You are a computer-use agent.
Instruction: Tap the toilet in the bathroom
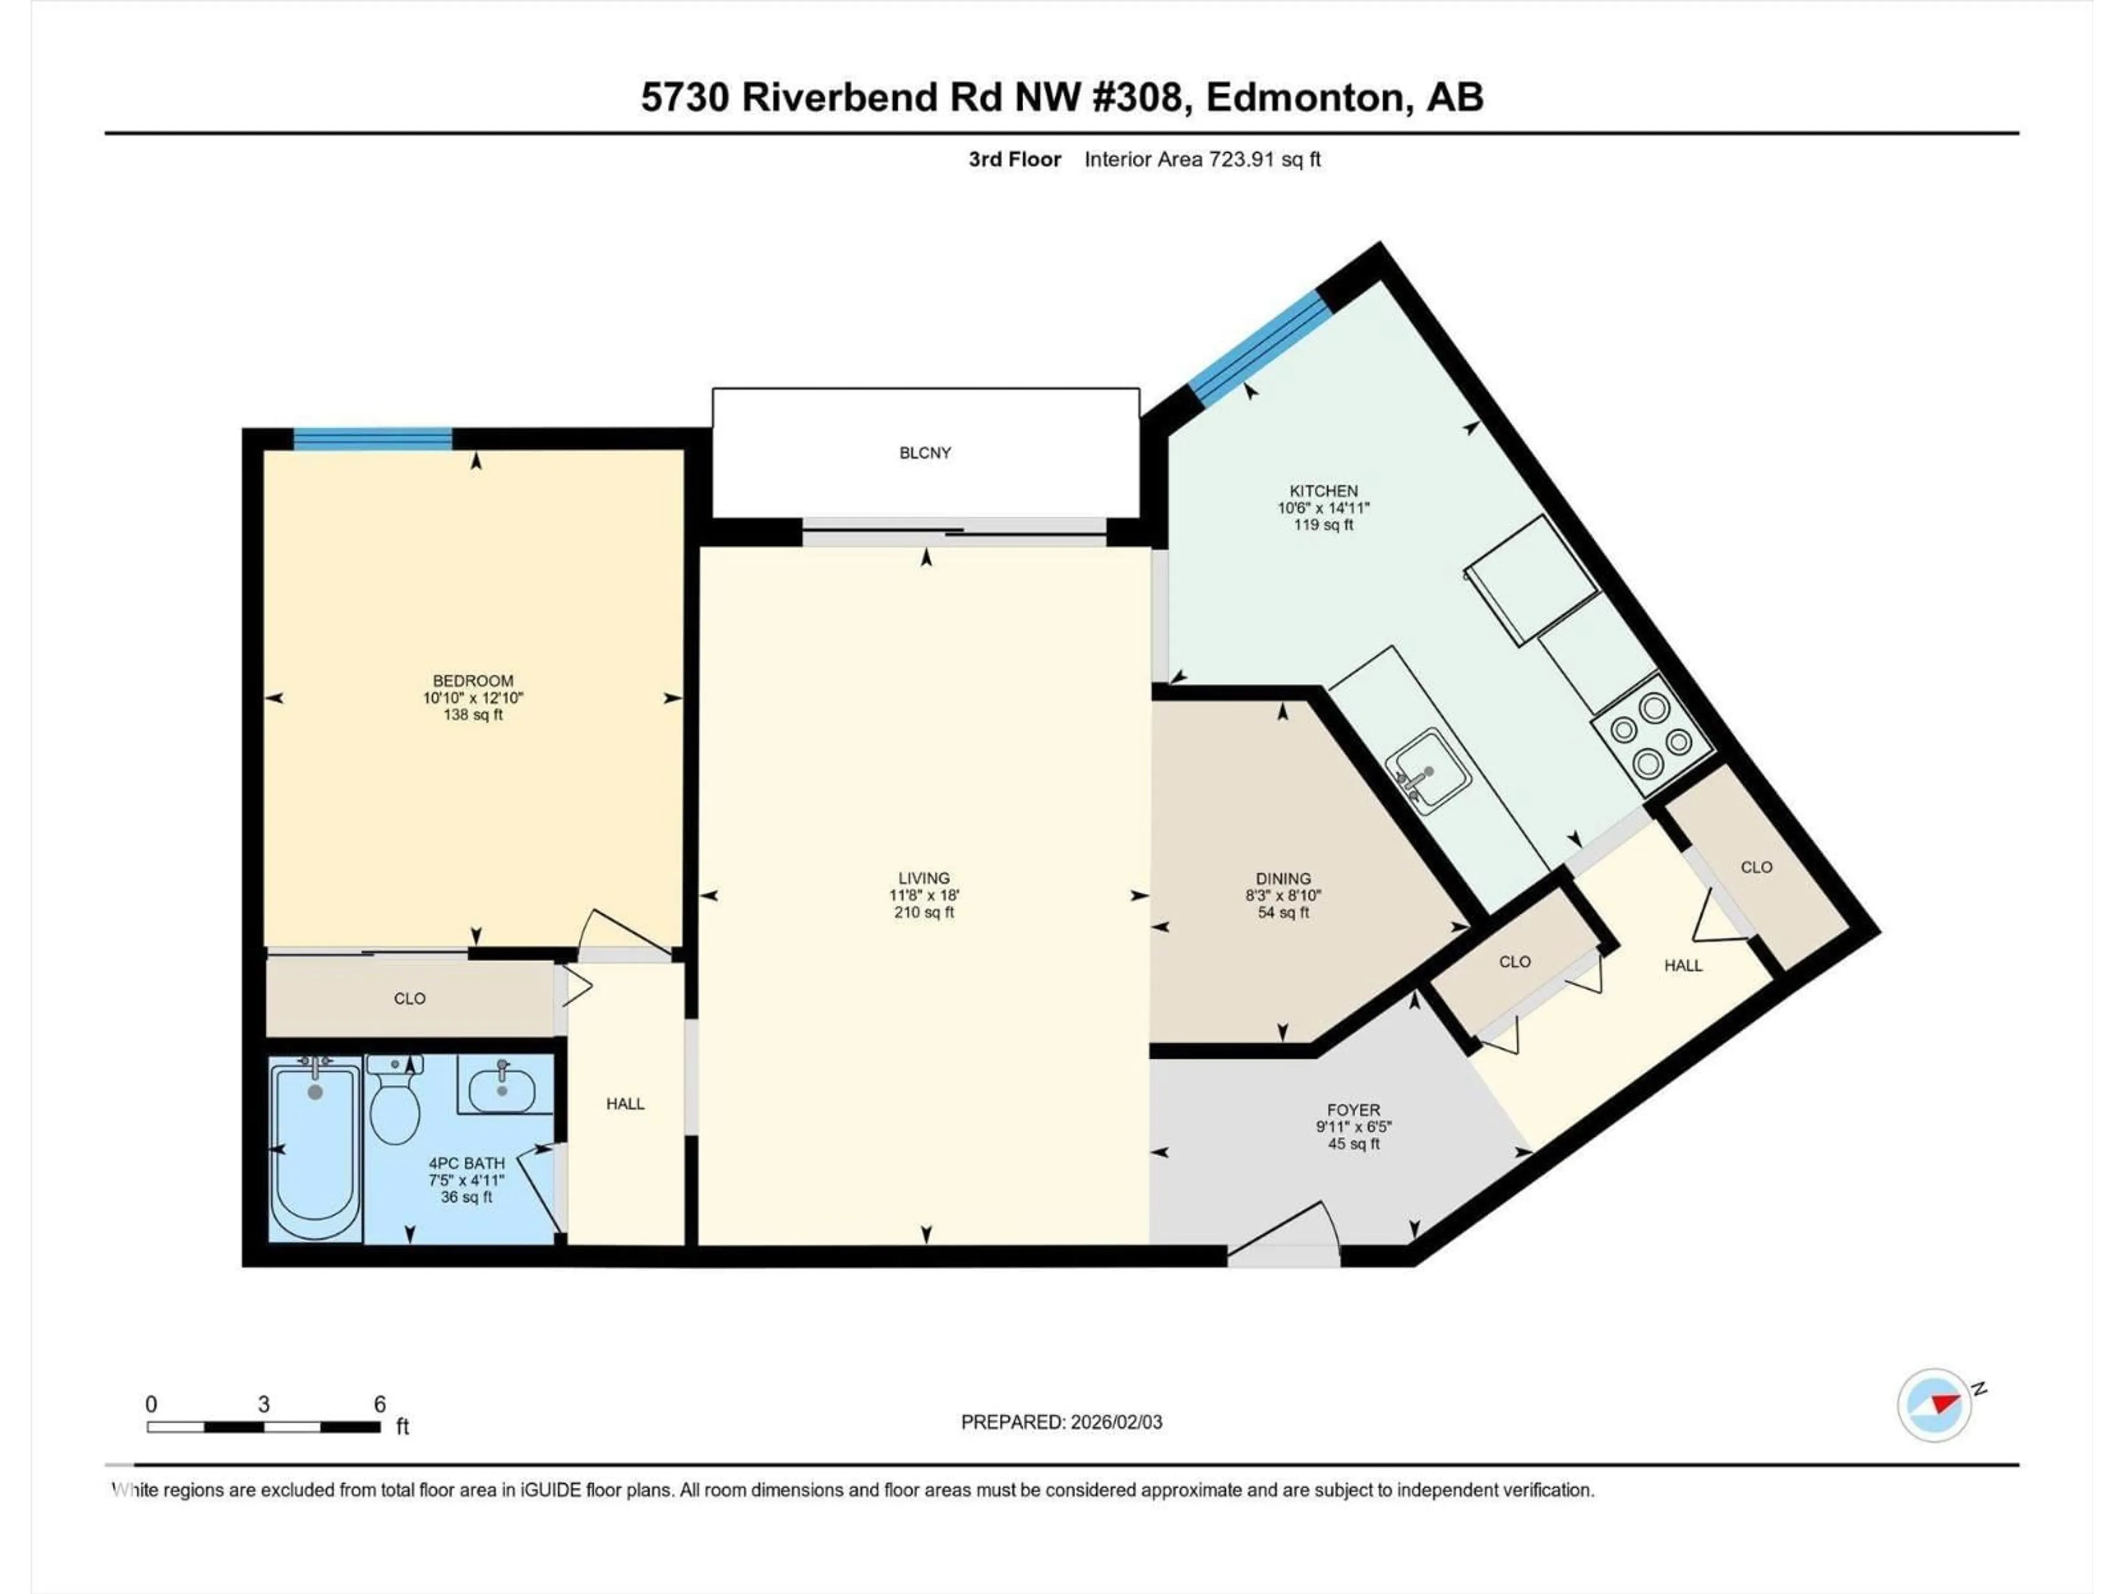(395, 1105)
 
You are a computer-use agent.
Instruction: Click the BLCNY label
(924, 453)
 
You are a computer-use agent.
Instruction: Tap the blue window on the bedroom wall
(373, 439)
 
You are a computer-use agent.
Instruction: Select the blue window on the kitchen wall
(1261, 346)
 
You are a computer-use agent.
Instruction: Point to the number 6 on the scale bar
(380, 1404)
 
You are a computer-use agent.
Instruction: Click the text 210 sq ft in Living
(924, 912)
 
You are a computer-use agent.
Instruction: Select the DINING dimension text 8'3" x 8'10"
(1283, 894)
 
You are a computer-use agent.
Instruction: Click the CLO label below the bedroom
(410, 998)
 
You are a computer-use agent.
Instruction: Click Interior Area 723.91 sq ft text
(1202, 159)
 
